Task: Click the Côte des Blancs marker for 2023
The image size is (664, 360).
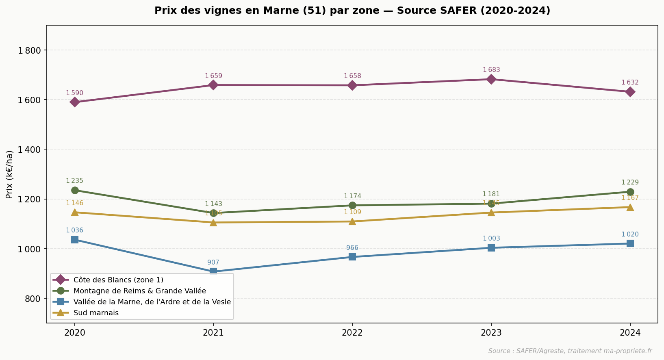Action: (x=491, y=79)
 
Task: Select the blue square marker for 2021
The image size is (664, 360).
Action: (x=213, y=271)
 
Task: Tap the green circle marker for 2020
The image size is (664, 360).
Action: (x=75, y=190)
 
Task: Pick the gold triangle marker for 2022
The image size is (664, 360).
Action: (x=352, y=221)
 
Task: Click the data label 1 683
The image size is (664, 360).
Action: (x=491, y=70)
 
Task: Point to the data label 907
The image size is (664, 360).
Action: (x=213, y=262)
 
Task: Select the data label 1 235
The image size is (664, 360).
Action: (x=75, y=181)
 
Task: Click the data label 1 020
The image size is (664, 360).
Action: (x=630, y=234)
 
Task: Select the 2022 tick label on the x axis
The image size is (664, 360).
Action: (x=352, y=333)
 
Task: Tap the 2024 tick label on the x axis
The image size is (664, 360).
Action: (x=630, y=333)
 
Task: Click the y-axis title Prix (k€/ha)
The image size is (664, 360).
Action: (x=10, y=174)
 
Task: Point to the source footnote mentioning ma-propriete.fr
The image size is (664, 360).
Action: (x=570, y=351)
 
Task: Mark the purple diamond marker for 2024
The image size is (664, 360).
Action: (x=630, y=92)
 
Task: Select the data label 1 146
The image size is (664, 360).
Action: (x=75, y=203)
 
